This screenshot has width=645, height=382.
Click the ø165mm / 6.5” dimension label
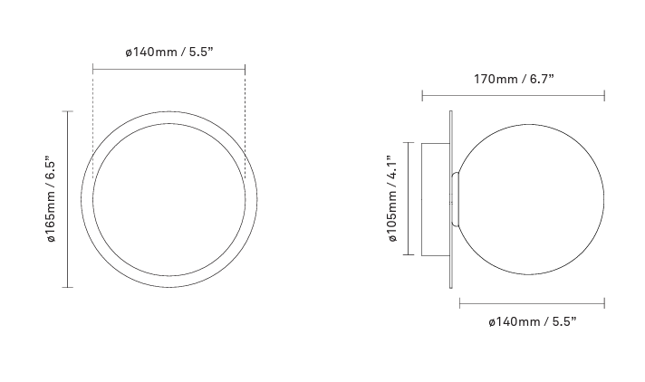(52, 199)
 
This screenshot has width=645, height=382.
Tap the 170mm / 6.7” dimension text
(514, 79)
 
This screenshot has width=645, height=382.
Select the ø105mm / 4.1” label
(392, 198)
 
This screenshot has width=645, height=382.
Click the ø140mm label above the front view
(169, 53)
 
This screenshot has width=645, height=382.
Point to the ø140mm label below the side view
(533, 321)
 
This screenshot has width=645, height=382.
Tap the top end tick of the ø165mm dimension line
(67, 111)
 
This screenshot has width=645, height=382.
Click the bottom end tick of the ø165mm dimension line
(67, 287)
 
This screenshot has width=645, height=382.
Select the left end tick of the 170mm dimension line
(422, 96)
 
